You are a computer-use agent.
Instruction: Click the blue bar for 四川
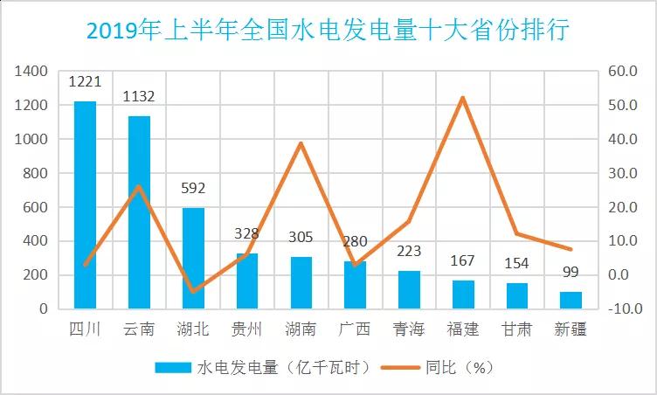(x=86, y=205)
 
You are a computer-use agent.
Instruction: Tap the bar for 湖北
(x=193, y=258)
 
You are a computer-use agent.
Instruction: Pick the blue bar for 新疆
(x=571, y=300)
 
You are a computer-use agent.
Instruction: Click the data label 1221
(x=86, y=83)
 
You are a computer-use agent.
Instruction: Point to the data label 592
(x=193, y=187)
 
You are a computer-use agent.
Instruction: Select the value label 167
(x=463, y=260)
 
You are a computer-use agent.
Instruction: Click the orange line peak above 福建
(x=462, y=97)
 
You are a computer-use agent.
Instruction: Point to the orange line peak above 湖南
(x=301, y=143)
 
